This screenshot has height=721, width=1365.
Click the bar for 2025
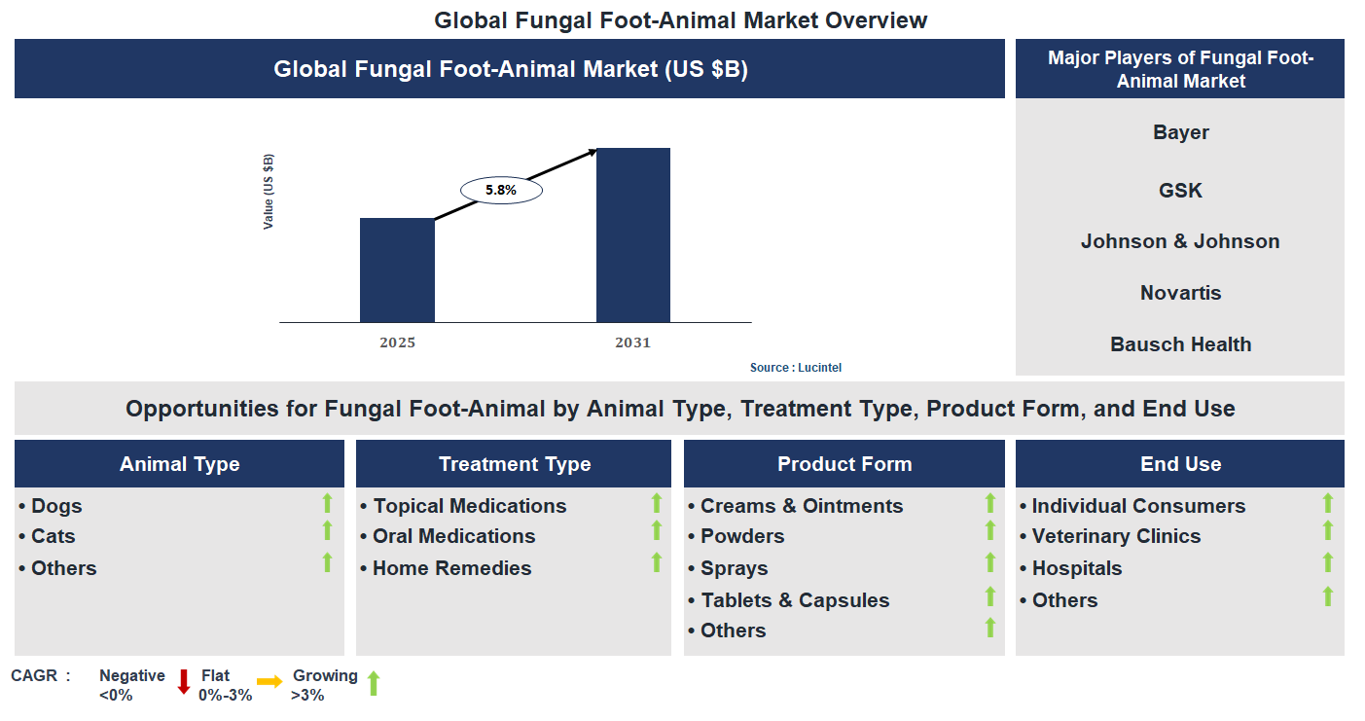point(397,270)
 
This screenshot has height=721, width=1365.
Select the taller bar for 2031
point(632,234)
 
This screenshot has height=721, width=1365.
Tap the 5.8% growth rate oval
point(501,191)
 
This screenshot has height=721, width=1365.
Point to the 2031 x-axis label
point(632,342)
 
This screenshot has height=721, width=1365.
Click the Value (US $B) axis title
point(269,192)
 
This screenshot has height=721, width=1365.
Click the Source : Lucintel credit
point(795,368)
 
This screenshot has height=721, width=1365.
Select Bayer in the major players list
point(1180,132)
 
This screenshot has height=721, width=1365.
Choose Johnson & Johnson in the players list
point(1180,241)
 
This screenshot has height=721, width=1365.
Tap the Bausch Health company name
point(1180,344)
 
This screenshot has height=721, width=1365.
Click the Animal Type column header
point(179,464)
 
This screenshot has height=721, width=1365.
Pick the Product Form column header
point(844,464)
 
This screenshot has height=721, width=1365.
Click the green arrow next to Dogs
point(327,503)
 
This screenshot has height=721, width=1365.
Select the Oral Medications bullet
point(453,536)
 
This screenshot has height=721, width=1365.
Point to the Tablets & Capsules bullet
point(794,600)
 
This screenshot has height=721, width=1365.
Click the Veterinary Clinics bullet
point(1115,536)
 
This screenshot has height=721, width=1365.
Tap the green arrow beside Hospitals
point(1327,563)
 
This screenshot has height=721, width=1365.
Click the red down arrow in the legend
point(183,682)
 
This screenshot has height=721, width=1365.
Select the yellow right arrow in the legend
point(269,682)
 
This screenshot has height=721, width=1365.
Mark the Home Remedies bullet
point(451,568)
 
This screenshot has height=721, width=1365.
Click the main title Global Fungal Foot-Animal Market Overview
point(681,19)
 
